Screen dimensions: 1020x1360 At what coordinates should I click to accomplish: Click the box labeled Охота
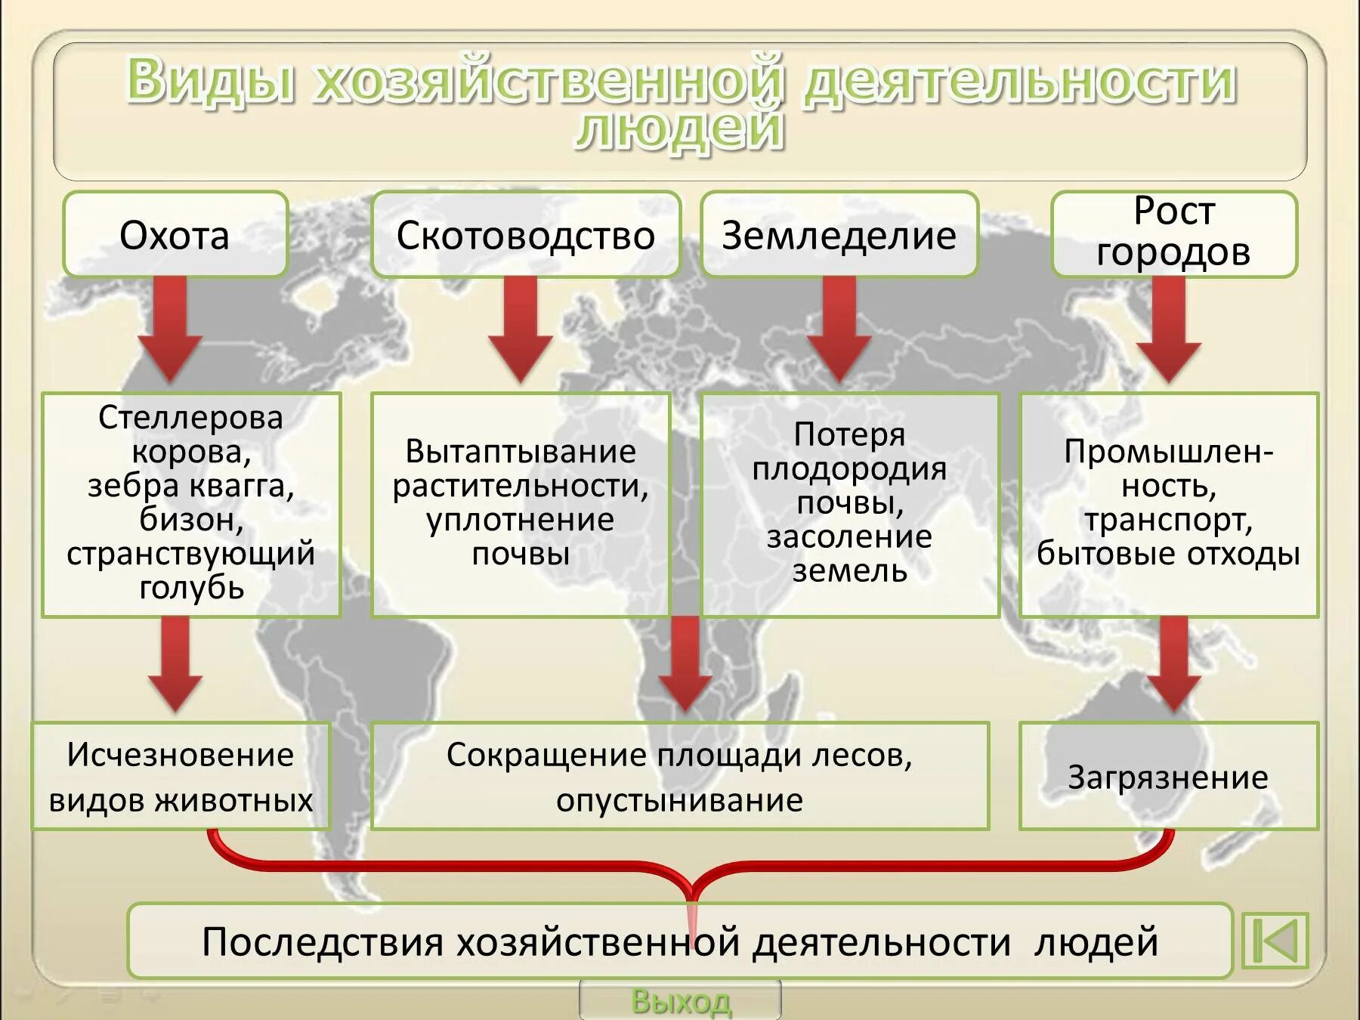(175, 235)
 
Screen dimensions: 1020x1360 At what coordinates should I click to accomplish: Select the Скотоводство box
(525, 235)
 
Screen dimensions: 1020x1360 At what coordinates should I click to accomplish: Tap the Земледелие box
(839, 235)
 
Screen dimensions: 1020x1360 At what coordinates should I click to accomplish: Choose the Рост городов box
(1173, 233)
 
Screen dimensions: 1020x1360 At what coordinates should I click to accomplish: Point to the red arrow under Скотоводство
(521, 329)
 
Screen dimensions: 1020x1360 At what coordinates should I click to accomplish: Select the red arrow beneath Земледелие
(839, 329)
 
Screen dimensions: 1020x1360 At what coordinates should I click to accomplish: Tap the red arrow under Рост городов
(1168, 329)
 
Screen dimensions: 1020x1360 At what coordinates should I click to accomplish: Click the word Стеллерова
(190, 417)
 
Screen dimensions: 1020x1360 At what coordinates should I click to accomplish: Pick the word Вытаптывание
(521, 452)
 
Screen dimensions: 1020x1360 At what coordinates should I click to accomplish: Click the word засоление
(849, 536)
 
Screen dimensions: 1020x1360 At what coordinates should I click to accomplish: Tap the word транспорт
(1168, 520)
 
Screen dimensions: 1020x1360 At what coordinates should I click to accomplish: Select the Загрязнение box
(1168, 777)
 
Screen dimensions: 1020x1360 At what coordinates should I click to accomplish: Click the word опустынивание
(679, 800)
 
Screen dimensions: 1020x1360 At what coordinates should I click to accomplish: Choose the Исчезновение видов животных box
(181, 777)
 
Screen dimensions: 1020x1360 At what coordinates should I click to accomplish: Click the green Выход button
(680, 1001)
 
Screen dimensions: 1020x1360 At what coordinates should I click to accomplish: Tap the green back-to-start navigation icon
(1275, 941)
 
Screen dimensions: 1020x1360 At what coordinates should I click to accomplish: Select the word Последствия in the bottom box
(321, 942)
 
